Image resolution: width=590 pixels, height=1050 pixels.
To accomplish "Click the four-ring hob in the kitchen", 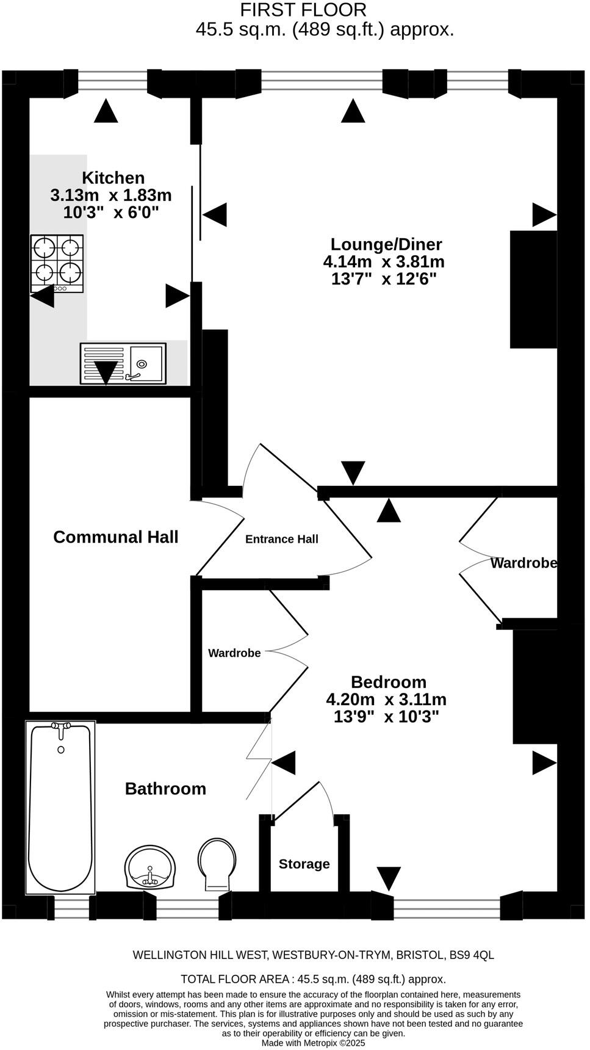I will click(x=57, y=263).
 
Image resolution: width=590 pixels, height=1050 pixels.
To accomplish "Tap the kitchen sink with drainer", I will click(x=123, y=364).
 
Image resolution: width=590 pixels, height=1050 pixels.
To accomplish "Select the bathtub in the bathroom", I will click(x=60, y=807).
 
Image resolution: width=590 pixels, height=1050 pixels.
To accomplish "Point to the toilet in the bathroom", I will click(x=217, y=863).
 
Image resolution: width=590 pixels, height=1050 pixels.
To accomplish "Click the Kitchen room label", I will click(x=113, y=178).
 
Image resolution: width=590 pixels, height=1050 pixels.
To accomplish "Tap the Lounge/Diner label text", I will click(x=386, y=244).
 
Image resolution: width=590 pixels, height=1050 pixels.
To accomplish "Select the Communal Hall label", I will click(x=115, y=537).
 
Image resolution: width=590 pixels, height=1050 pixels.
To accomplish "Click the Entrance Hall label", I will click(x=281, y=539).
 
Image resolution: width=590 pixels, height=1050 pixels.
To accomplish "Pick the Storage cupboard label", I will click(x=304, y=864).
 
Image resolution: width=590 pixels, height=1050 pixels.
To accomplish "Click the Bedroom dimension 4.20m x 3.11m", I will click(x=386, y=699).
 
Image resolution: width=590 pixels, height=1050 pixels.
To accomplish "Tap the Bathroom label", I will click(x=165, y=788).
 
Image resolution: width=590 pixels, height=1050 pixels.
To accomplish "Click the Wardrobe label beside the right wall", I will click(x=523, y=563).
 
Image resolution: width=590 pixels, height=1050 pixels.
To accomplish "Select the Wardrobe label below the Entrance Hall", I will click(x=234, y=653).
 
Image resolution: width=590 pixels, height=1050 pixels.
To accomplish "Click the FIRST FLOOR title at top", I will click(x=303, y=10).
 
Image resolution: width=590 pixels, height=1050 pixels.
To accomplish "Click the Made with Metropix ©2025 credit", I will click(x=313, y=1043).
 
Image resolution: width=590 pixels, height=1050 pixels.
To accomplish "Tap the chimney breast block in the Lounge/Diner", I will click(x=533, y=289).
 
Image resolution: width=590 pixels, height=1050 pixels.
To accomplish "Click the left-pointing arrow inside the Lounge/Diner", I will click(x=214, y=215).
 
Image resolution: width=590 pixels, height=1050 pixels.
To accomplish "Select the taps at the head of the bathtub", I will click(x=61, y=725).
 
